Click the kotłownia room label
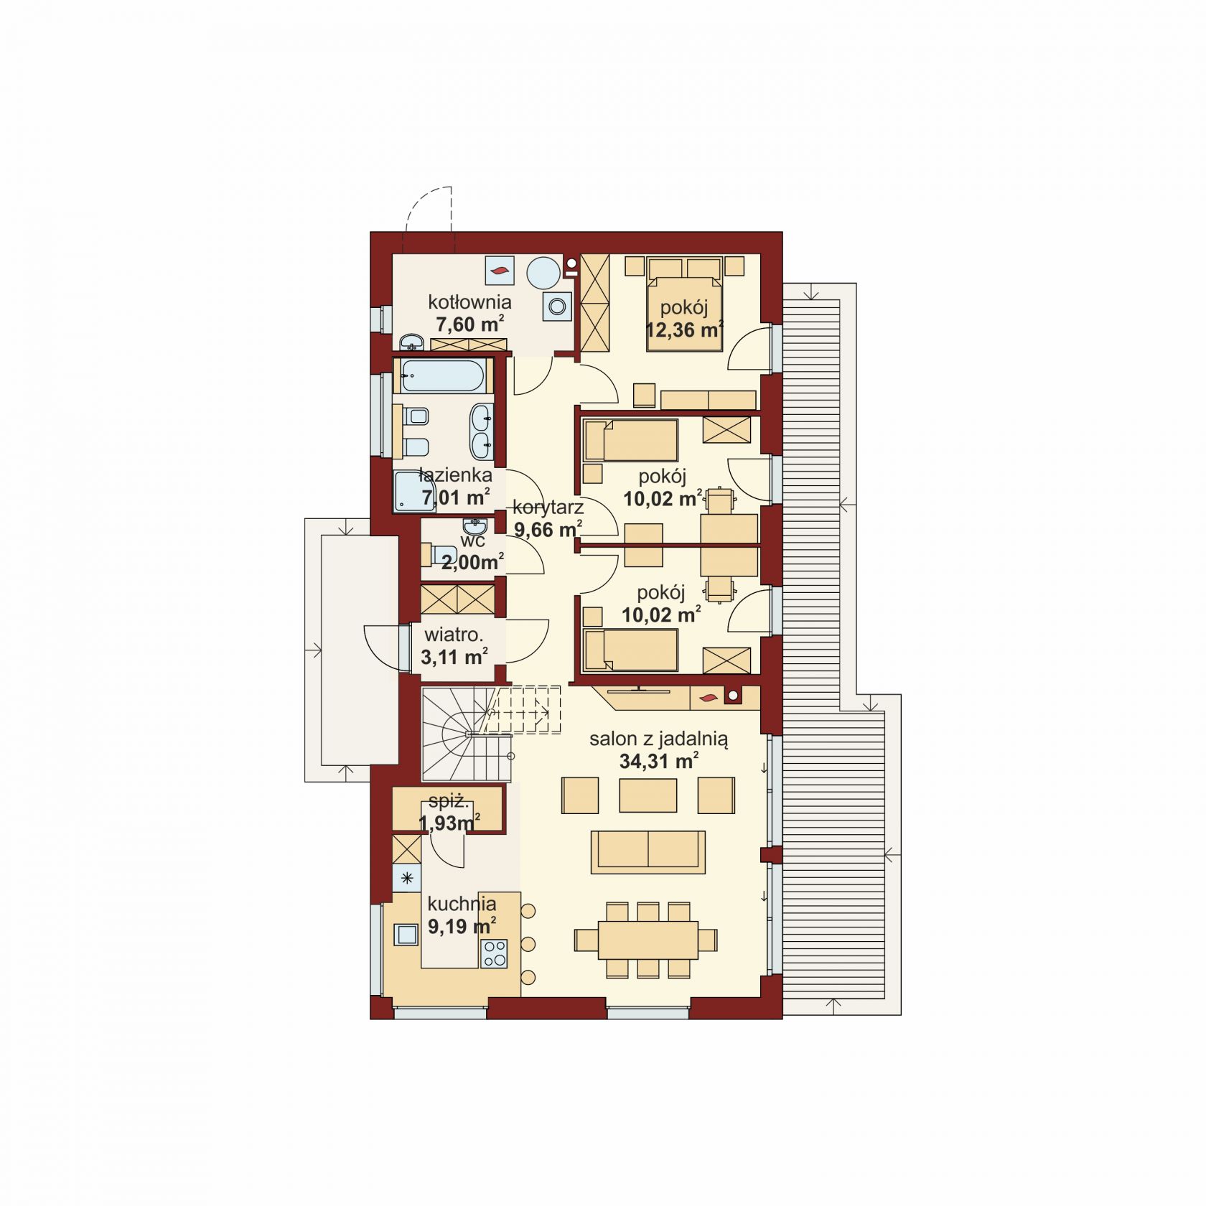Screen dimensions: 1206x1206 (469, 301)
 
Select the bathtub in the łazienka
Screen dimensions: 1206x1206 (442, 375)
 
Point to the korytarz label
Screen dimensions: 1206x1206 (548, 508)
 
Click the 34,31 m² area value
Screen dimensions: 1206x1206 (659, 761)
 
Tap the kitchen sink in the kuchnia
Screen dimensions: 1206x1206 (407, 934)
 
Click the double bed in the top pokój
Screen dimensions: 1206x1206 (685, 304)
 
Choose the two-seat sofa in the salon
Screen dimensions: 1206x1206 (648, 852)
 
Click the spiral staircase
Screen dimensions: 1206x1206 (467, 734)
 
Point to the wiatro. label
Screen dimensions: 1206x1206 (454, 635)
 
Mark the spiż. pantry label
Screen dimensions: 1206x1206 (449, 802)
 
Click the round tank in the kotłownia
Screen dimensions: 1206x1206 (543, 274)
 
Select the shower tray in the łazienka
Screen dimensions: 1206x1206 (415, 491)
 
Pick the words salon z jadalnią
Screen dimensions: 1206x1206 (659, 739)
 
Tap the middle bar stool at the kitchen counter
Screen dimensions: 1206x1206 (528, 943)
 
